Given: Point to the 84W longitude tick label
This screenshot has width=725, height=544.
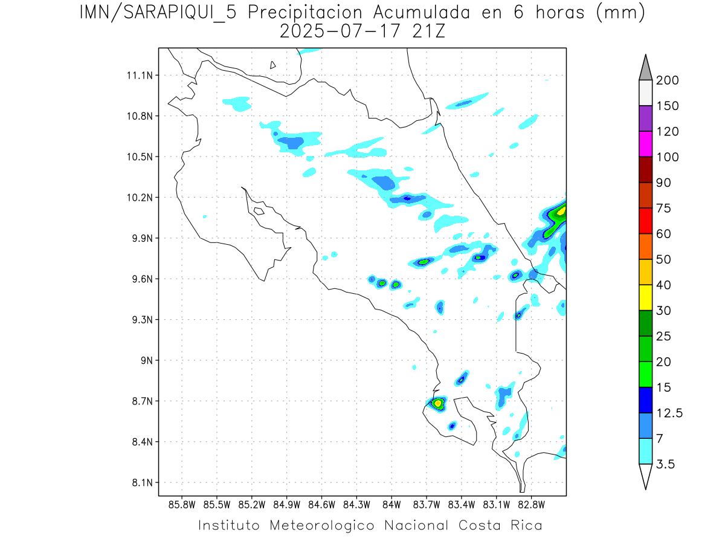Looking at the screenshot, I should pyautogui.click(x=391, y=505).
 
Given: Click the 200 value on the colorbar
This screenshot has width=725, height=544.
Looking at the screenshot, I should pyautogui.click(x=667, y=80).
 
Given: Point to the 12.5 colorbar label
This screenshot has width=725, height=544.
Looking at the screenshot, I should pyautogui.click(x=669, y=413).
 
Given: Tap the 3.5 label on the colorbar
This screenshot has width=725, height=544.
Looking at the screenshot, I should pyautogui.click(x=666, y=464).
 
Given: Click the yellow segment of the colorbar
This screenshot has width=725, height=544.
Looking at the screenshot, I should pyautogui.click(x=645, y=297).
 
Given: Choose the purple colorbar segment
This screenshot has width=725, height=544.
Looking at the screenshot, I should pyautogui.click(x=645, y=118).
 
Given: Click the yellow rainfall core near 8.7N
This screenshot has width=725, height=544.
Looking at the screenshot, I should pyautogui.click(x=438, y=403).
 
